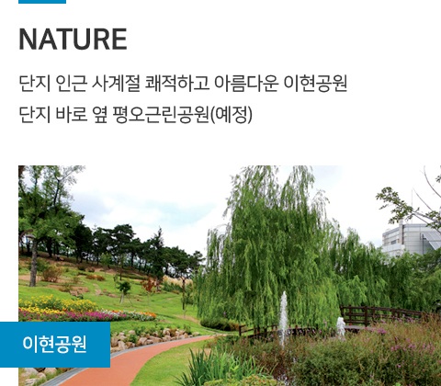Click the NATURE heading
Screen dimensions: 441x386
(73, 40)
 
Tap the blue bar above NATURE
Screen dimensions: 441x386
(42, 2)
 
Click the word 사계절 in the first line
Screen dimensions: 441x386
(116, 83)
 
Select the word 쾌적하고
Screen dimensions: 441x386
(177, 83)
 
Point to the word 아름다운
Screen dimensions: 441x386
(246, 83)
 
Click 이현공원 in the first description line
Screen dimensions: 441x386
(315, 83)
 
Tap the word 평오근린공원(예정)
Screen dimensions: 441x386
(182, 115)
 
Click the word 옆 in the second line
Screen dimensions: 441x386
(100, 115)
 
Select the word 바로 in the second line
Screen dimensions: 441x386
(71, 115)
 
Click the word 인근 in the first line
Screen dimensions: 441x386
(71, 83)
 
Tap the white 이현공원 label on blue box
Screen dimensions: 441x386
(54, 344)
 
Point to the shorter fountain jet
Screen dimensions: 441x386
(341, 326)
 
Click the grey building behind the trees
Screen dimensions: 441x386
(411, 240)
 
